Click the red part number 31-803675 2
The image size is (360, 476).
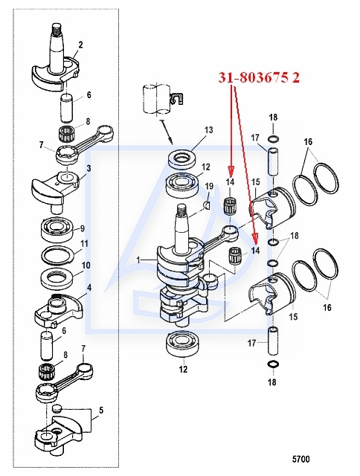tap(259, 77)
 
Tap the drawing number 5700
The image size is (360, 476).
tap(300, 459)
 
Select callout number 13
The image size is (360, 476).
tap(208, 130)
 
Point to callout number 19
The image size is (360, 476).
tap(210, 186)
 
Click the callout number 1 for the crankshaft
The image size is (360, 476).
tap(138, 260)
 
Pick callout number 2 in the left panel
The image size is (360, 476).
tap(80, 45)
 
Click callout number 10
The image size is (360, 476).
tap(86, 265)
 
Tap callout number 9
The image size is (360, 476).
tap(83, 228)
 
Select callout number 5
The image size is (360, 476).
tap(101, 411)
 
